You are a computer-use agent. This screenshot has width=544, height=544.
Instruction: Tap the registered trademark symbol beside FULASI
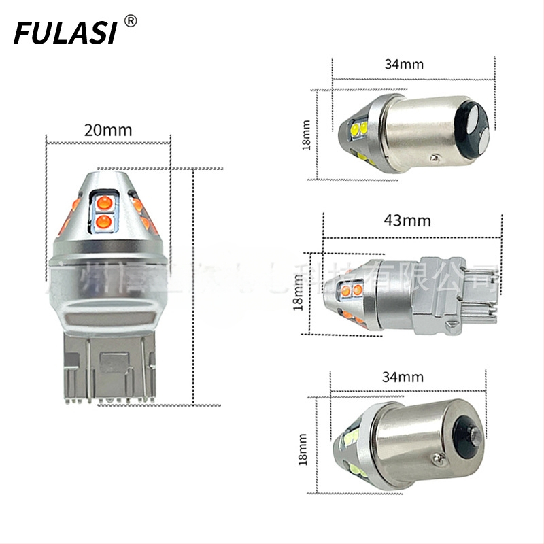131,21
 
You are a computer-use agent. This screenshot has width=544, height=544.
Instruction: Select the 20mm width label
108,129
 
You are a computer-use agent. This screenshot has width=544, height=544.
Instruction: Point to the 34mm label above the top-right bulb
403,65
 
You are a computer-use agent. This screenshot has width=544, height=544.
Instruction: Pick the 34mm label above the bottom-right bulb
403,377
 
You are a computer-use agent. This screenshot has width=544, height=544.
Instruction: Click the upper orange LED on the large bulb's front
105,202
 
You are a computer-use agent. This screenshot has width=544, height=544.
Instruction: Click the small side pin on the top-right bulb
434,158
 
